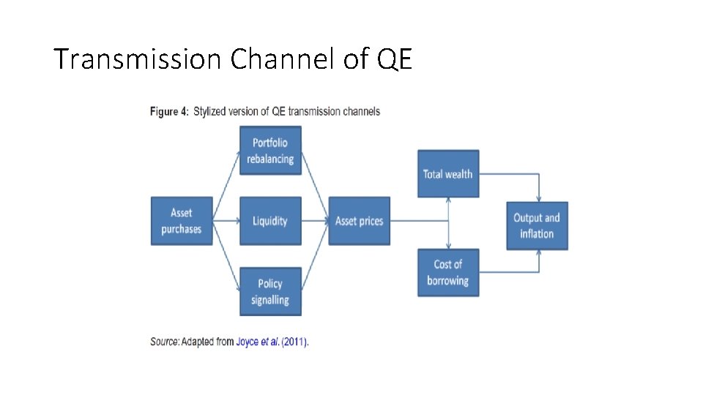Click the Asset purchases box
point(181,221)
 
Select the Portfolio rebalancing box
point(270,151)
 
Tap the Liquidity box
point(270,221)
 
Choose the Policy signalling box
point(270,291)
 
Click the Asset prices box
point(359,221)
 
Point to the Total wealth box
point(448,174)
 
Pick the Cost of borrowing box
point(448,272)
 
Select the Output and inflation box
point(537,225)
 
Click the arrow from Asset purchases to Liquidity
point(226,221)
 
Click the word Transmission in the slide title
point(137,59)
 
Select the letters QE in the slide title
point(396,59)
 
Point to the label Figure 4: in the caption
point(165,112)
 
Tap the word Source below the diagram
point(165,342)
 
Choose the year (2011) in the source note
point(295,342)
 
